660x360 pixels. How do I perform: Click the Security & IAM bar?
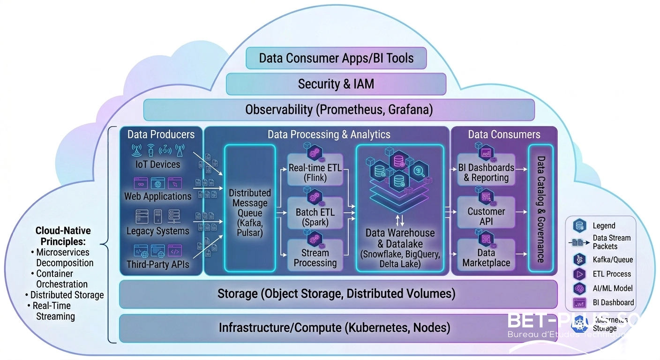pos(336,84)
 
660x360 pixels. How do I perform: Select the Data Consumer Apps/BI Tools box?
pos(336,59)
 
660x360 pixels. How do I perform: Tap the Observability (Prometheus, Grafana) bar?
pos(338,110)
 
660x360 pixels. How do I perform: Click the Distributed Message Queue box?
pos(249,209)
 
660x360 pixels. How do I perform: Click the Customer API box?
pos(486,216)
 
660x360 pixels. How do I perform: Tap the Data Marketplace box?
pos(486,257)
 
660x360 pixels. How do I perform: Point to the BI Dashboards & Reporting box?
pos(486,172)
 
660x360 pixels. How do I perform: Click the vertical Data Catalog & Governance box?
pos(540,209)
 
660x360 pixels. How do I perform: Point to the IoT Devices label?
pos(157,165)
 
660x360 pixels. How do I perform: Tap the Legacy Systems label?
pos(157,231)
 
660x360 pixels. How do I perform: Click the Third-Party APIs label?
pos(157,264)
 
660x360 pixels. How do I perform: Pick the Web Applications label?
pos(157,196)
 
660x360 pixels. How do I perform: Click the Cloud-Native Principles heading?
pos(63,236)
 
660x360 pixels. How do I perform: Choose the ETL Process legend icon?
pos(579,274)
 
